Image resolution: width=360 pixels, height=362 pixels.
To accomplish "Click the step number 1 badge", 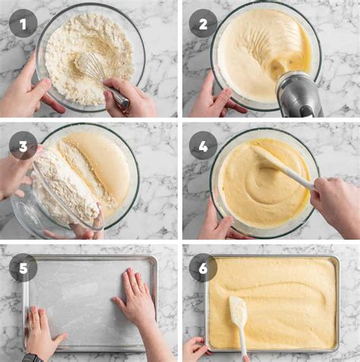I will [23, 24].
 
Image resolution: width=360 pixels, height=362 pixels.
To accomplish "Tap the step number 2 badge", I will [203, 24].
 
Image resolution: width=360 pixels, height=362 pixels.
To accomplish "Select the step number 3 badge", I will [23, 145].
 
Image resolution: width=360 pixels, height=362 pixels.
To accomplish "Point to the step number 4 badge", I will [203, 145].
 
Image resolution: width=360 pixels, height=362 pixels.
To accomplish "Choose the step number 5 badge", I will [23, 268].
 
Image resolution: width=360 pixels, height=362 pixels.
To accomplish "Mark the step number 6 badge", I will [203, 268].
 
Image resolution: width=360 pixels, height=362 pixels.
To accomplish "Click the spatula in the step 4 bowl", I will [281, 167].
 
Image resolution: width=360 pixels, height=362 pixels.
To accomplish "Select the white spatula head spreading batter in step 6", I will [238, 311].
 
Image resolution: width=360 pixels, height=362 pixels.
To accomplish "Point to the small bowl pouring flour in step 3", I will [65, 190].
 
